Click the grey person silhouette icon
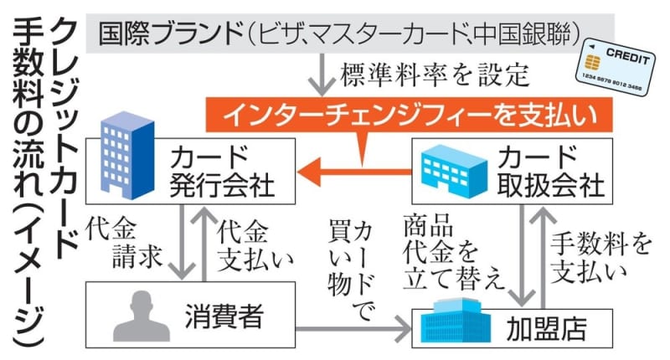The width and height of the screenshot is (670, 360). [x=134, y=316]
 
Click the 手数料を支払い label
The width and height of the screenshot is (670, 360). [x=600, y=256]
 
